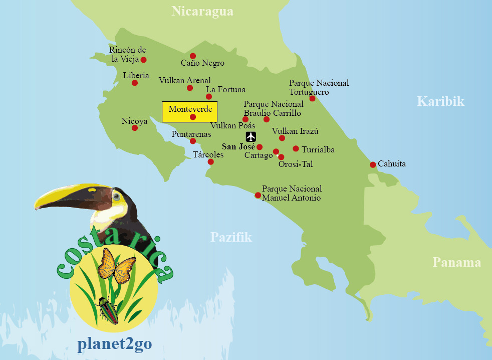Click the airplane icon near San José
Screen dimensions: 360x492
pos(251,137)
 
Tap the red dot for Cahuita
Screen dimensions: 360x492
pos(373,164)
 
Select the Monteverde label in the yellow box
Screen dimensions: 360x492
pos(190,109)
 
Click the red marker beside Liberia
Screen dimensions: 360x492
pos(135,83)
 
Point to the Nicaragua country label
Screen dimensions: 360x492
pos(202,11)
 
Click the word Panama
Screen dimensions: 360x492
pos(456,262)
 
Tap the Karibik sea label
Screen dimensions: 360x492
pos(440,102)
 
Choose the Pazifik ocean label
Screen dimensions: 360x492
pos(231,237)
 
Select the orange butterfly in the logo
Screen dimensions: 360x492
pos(116,266)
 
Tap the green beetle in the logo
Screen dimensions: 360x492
pos(108,310)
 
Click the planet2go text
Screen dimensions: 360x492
pos(114,344)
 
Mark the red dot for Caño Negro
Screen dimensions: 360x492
pos(192,56)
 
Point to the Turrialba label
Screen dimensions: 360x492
pos(318,149)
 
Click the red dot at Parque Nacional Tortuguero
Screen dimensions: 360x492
pos(312,98)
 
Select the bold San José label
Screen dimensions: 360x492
pos(238,146)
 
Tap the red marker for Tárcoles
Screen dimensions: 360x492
pos(210,161)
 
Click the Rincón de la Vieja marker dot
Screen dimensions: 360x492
pos(143,60)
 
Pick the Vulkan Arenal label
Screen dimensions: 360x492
pos(184,80)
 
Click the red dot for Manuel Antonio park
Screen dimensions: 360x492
pos(258,195)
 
